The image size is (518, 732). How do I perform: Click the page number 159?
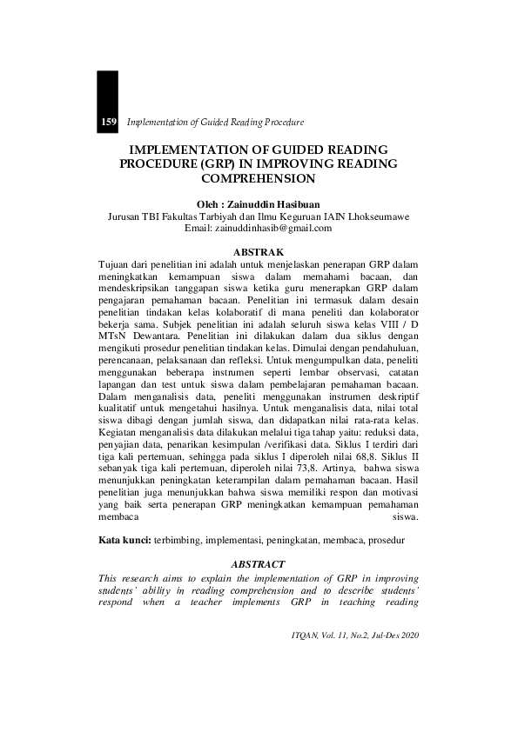109,122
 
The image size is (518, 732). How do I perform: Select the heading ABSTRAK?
259,250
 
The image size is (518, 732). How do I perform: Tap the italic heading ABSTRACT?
259,563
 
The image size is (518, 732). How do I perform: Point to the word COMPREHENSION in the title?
259,178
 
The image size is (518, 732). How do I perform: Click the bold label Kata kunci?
124,541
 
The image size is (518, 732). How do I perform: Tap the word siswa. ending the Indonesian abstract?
406,516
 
